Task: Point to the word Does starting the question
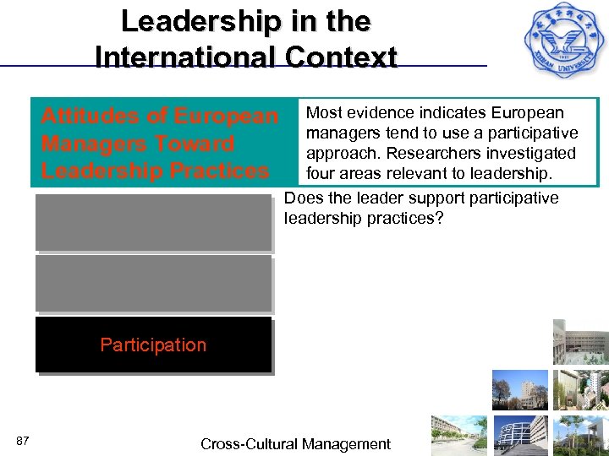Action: point(302,198)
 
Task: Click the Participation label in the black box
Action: point(153,345)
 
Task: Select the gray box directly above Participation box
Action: point(153,285)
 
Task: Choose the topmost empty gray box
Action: point(153,223)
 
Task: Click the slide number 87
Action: point(23,441)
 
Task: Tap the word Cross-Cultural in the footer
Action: point(248,444)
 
